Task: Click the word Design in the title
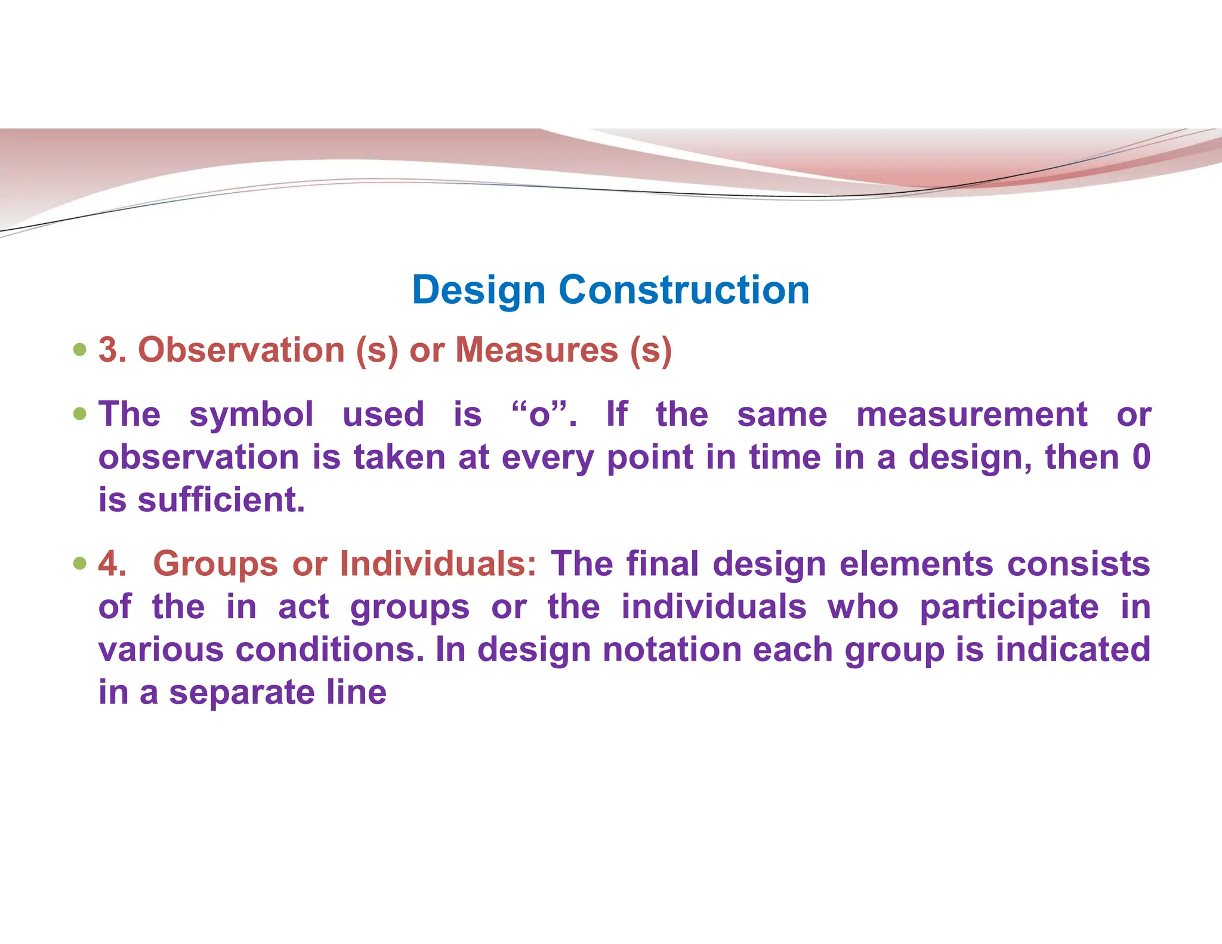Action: click(479, 291)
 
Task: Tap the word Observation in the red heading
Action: click(241, 350)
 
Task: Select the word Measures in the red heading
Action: click(536, 350)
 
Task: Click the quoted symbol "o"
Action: click(539, 415)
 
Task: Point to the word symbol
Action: click(251, 415)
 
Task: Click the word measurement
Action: click(971, 415)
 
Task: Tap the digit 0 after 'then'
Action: click(1141, 458)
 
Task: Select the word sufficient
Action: click(221, 500)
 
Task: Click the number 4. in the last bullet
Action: click(112, 563)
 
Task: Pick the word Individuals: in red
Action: click(438, 563)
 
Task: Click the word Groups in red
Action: click(215, 563)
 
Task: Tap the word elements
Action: click(916, 563)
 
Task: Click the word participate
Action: click(1009, 607)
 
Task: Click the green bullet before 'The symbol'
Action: click(80, 414)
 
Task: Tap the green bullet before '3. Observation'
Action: click(80, 349)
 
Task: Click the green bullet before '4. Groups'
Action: click(80, 563)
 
